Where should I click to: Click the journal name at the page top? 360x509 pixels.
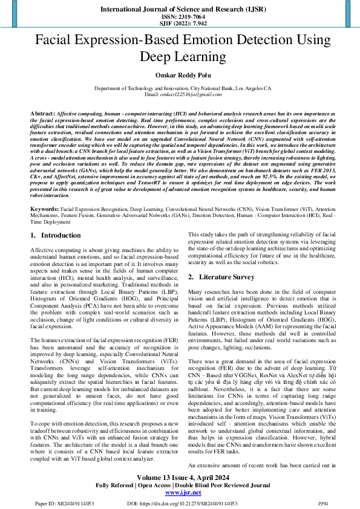[180, 10]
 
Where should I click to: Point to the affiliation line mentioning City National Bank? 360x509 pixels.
[180, 88]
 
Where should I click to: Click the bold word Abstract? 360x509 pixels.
[42, 114]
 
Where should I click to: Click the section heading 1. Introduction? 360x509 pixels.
[56, 235]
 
